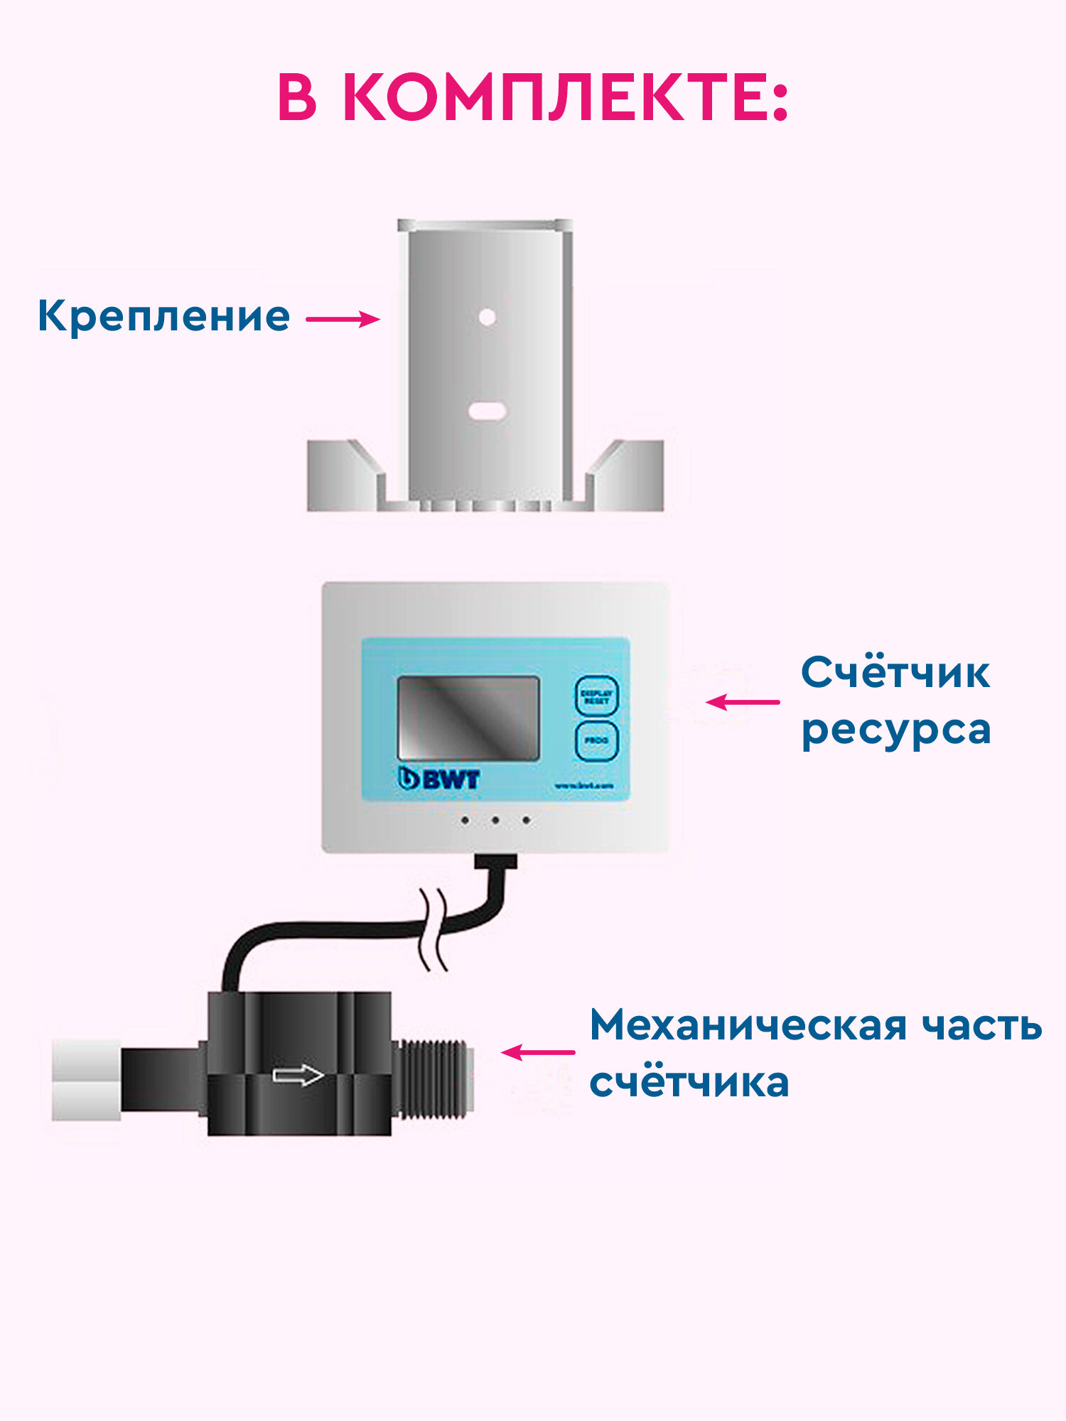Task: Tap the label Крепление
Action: [x=163, y=316]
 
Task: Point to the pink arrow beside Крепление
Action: [x=343, y=319]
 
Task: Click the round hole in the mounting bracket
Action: [x=487, y=317]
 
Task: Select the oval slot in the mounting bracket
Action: [x=487, y=410]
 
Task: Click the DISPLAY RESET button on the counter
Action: [x=596, y=696]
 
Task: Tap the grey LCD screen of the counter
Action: [x=468, y=718]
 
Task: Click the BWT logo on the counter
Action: [x=439, y=779]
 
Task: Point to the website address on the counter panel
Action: [x=583, y=786]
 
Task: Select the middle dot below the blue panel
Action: [x=495, y=821]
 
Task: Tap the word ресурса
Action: [x=895, y=730]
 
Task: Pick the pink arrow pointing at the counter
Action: [x=743, y=702]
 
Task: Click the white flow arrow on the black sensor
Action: [x=298, y=1076]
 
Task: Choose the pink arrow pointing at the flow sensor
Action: [x=538, y=1052]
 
